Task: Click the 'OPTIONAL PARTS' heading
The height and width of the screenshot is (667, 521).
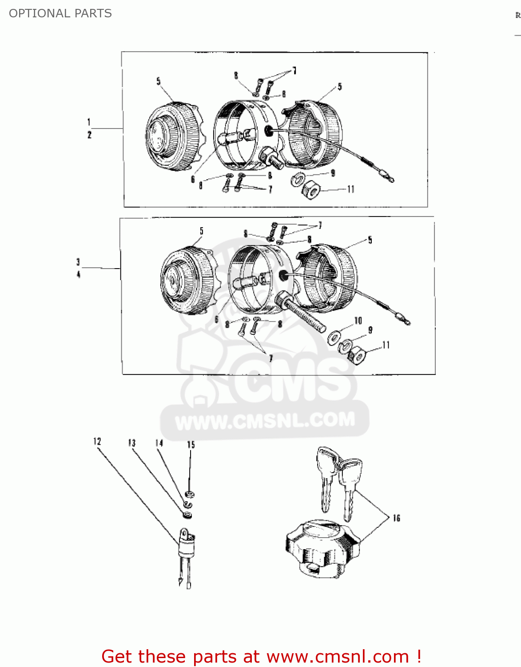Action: coord(60,13)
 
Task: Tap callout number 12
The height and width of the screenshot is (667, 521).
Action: coord(97,441)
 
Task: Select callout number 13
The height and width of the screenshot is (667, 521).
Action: coord(132,443)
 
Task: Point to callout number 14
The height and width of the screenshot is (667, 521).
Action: coord(159,443)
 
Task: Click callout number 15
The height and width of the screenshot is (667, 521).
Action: coord(191,445)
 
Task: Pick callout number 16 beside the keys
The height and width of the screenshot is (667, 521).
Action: coord(396,518)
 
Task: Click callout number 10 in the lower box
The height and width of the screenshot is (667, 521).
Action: coord(358,321)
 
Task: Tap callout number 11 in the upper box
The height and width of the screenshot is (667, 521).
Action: coord(351,189)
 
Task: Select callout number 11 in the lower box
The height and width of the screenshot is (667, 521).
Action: coord(386,345)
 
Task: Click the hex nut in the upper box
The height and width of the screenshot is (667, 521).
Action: coord(311,191)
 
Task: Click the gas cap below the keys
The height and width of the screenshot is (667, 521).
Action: coord(322,549)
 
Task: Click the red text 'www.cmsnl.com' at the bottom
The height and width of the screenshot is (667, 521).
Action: coord(338,657)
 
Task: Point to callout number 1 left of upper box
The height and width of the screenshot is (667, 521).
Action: coord(89,122)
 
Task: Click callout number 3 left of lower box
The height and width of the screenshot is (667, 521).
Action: coord(78,262)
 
